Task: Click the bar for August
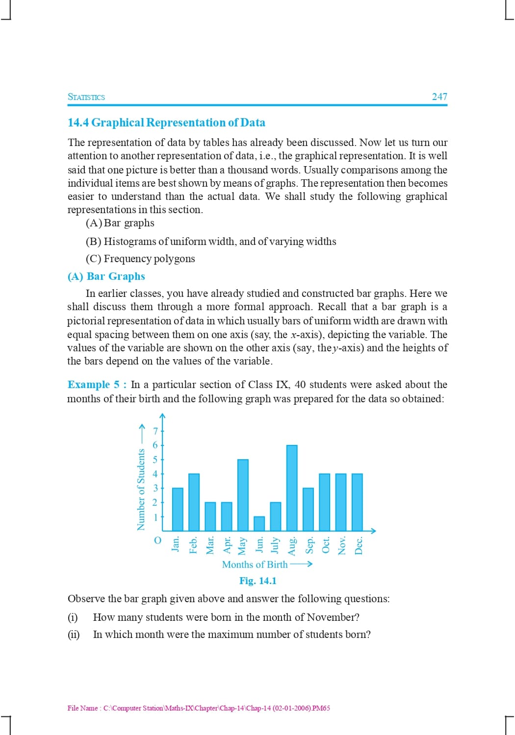click(x=292, y=488)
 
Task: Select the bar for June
click(x=259, y=523)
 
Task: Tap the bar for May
click(x=243, y=495)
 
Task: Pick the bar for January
click(x=178, y=509)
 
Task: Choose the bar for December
click(x=357, y=502)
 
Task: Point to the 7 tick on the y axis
click(x=156, y=431)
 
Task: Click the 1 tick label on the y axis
click(x=156, y=517)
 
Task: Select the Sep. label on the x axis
click(x=309, y=545)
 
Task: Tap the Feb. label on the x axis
click(x=193, y=545)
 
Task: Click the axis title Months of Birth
click(x=255, y=564)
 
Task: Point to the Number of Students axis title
click(x=141, y=489)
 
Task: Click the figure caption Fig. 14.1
click(x=257, y=581)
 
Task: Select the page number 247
click(x=439, y=97)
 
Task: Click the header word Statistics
click(x=86, y=97)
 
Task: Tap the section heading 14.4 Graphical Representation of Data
click(x=166, y=122)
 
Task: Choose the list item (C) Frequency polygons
click(x=140, y=259)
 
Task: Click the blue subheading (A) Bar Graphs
click(x=106, y=276)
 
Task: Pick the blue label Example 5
click(x=93, y=385)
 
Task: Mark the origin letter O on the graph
click(x=157, y=540)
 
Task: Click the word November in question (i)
click(x=331, y=617)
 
